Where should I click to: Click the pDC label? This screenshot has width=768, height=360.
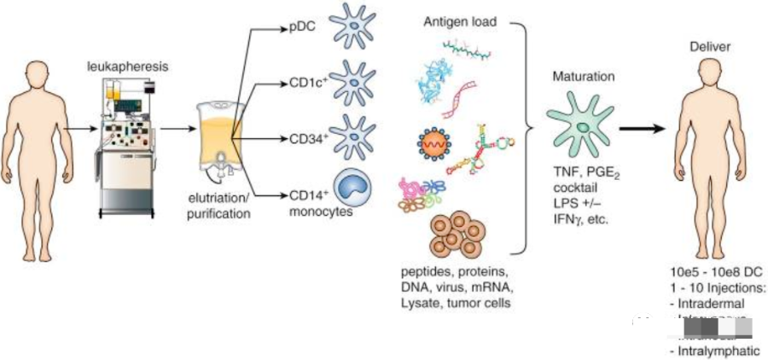point(300,27)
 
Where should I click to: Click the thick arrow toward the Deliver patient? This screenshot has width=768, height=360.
point(648,129)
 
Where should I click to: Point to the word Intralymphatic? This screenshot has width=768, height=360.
point(714,350)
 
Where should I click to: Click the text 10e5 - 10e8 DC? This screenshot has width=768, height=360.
point(713,272)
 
